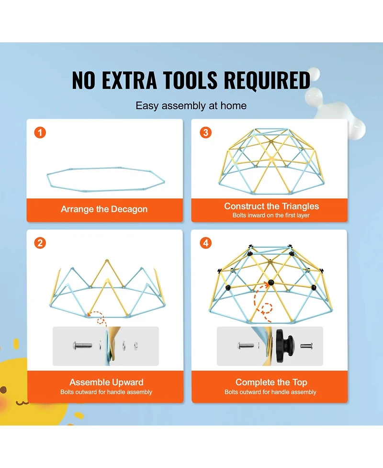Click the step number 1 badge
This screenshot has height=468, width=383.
pyautogui.click(x=40, y=133)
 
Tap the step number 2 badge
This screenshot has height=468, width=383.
pyautogui.click(x=40, y=243)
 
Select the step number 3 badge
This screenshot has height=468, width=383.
pyautogui.click(x=205, y=133)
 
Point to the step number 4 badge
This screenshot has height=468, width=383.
pyautogui.click(x=205, y=243)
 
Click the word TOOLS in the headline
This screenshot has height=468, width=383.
pyautogui.click(x=191, y=80)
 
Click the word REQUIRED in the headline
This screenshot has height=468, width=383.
pyautogui.click(x=267, y=80)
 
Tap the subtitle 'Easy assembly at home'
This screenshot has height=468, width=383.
pyautogui.click(x=191, y=106)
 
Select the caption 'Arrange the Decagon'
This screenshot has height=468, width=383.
pyautogui.click(x=104, y=209)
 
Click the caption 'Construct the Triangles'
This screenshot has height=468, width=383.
pyautogui.click(x=271, y=206)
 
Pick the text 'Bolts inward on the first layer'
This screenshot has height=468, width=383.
pyautogui.click(x=271, y=215)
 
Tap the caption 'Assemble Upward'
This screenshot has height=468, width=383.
pyautogui.click(x=106, y=382)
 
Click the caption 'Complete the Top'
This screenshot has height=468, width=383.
pyautogui.click(x=271, y=382)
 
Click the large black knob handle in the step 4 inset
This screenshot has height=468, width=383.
pyautogui.click(x=285, y=346)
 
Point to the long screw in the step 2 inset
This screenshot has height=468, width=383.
pyautogui.click(x=83, y=346)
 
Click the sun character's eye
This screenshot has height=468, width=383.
pyautogui.click(x=3, y=390)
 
